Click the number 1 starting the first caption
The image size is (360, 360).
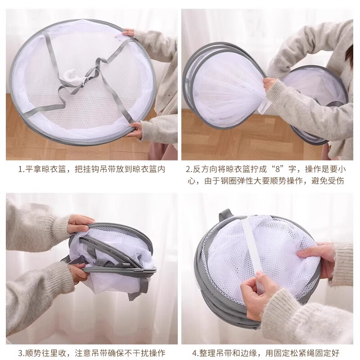pos(20,170)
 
